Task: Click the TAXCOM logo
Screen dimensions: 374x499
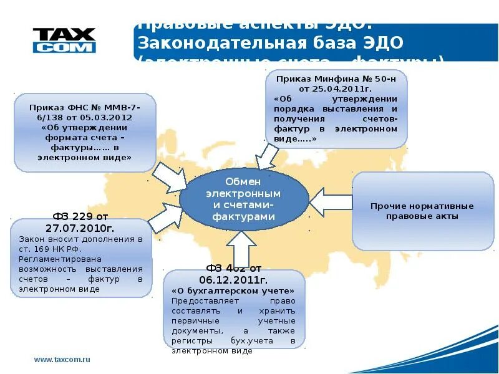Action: click(64, 40)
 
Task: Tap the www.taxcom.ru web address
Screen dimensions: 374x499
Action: click(62, 360)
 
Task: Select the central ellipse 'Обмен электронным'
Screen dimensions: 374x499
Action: click(244, 199)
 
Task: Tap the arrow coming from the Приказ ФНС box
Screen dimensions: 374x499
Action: click(170, 178)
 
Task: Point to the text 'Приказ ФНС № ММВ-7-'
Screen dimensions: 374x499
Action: click(84, 108)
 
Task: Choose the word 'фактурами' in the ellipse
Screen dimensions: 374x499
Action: click(243, 216)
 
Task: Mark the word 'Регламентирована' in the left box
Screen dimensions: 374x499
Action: click(52, 259)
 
